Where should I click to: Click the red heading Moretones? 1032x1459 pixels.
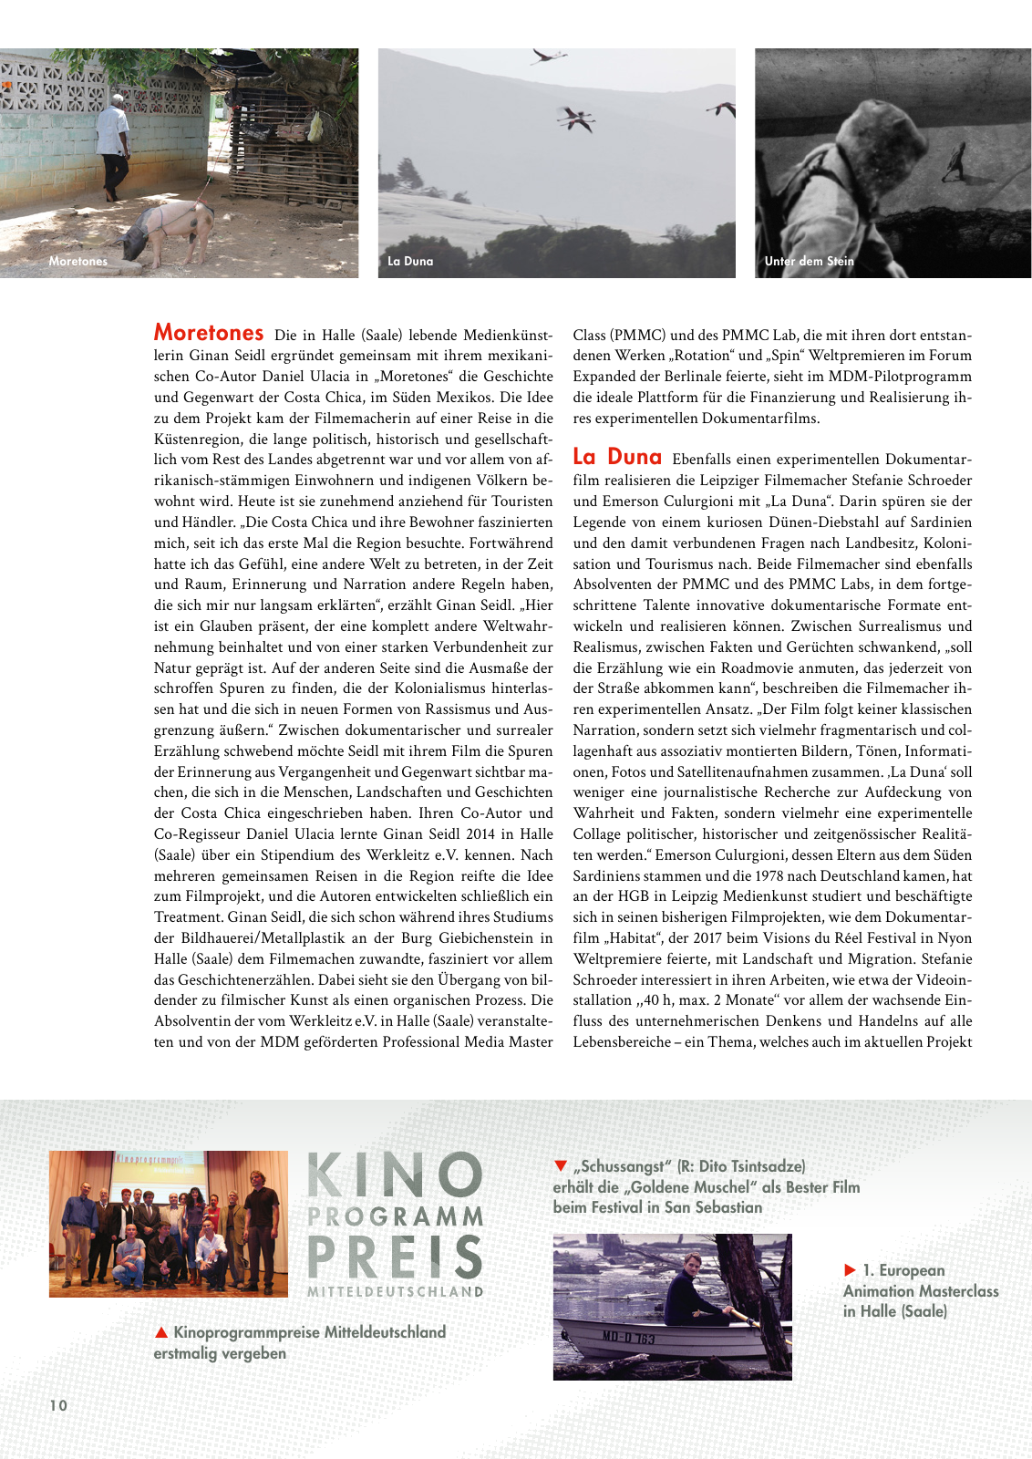209,333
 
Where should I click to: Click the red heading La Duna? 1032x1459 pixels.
617,457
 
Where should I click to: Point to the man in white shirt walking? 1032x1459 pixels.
114,146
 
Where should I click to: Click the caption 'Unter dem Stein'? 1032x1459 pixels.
809,261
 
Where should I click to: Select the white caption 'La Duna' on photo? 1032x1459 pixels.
410,261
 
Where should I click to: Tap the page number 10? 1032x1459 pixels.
58,1405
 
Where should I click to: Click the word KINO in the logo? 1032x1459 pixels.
395,1174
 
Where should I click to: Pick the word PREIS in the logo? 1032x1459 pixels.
395,1257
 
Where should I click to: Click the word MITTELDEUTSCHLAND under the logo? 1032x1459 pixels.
395,1292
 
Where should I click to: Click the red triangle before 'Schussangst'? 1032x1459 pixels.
561,1166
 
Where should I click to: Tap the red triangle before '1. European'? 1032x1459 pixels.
850,1270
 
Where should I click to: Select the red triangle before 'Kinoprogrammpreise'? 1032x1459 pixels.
161,1333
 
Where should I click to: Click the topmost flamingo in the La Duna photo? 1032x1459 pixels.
548,57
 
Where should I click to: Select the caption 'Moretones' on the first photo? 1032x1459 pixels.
77,261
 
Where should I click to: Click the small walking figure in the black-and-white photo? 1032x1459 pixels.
954,161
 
